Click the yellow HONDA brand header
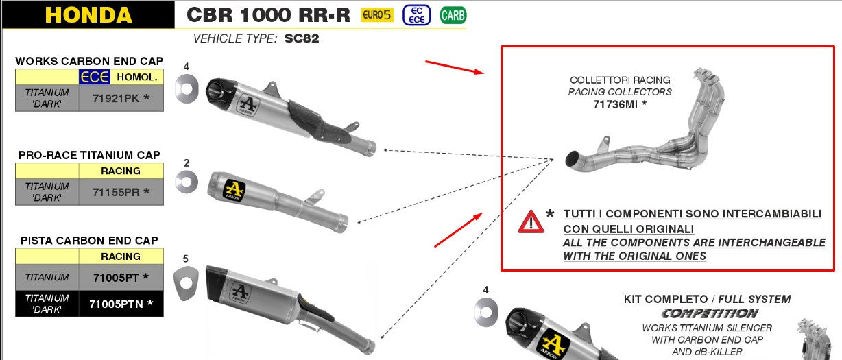88,14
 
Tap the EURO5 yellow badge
377,14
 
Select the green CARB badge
453,14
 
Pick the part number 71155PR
121,192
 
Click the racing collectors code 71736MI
620,104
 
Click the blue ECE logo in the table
94,77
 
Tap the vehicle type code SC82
302,38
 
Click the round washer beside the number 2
186,182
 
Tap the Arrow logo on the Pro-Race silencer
234,188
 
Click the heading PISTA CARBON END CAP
89,241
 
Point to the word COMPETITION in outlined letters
710,313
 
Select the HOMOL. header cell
136,77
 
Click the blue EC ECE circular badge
416,14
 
